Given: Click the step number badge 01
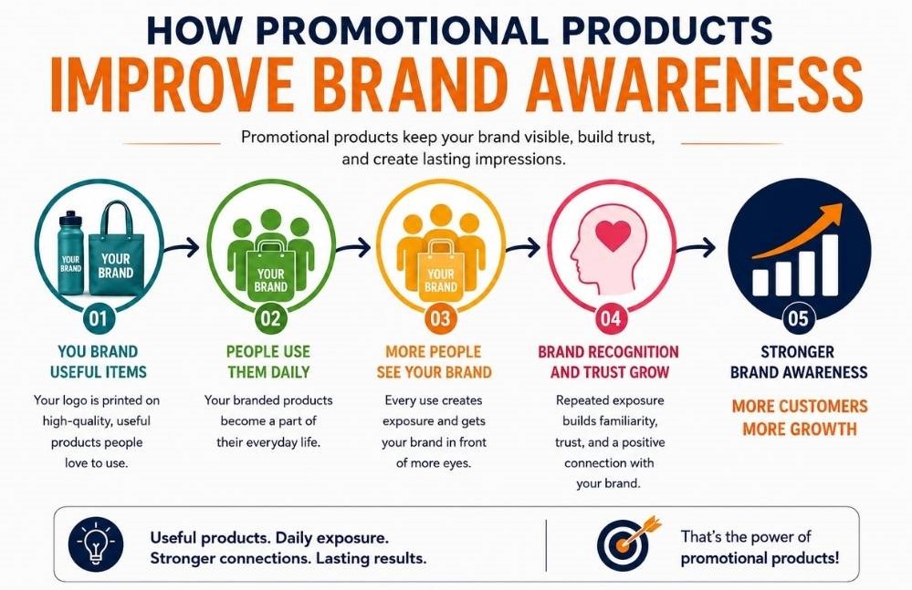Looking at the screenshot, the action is pyautogui.click(x=99, y=318).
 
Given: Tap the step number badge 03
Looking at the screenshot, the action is pyautogui.click(x=440, y=318).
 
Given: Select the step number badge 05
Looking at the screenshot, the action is pyautogui.click(x=799, y=318).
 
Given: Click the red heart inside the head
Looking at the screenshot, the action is pyautogui.click(x=613, y=235).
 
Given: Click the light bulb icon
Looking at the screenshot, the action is pyautogui.click(x=96, y=544).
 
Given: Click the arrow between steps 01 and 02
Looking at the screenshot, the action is pyautogui.click(x=182, y=248).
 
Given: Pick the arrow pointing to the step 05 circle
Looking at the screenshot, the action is pyautogui.click(x=696, y=248).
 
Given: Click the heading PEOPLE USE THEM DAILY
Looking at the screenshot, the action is pyautogui.click(x=268, y=362).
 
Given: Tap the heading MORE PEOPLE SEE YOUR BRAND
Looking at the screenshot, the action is pyautogui.click(x=434, y=362).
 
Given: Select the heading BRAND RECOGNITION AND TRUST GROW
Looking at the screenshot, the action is pyautogui.click(x=608, y=362).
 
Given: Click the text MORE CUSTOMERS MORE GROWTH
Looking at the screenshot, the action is pyautogui.click(x=799, y=418).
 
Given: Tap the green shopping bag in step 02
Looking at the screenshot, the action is pyautogui.click(x=270, y=272).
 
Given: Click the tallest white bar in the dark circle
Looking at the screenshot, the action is pyautogui.click(x=830, y=264).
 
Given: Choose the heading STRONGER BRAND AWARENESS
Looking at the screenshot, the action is pyautogui.click(x=799, y=362).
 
